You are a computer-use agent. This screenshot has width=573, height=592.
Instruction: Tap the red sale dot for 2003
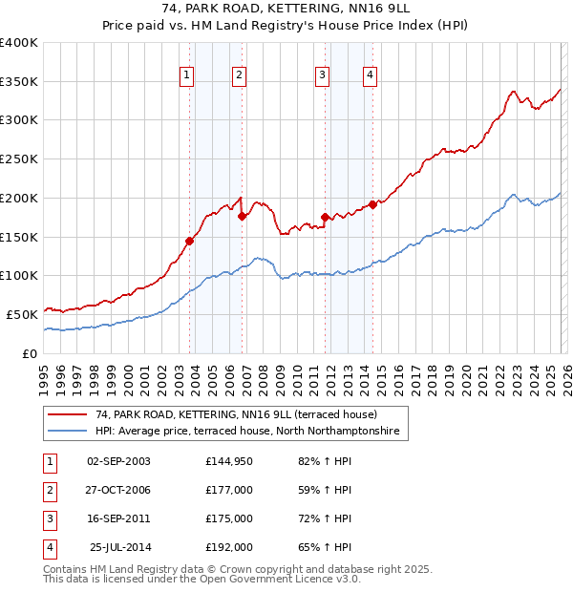[x=189, y=241]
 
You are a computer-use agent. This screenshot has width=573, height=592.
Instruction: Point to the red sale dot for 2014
[x=372, y=204]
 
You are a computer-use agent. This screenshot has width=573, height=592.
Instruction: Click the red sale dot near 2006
[x=242, y=216]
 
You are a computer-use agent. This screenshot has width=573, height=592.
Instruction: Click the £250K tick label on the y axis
[x=19, y=159]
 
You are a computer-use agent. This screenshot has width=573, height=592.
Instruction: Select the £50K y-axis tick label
[x=22, y=314]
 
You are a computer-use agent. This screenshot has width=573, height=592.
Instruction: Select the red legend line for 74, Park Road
[x=67, y=414]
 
